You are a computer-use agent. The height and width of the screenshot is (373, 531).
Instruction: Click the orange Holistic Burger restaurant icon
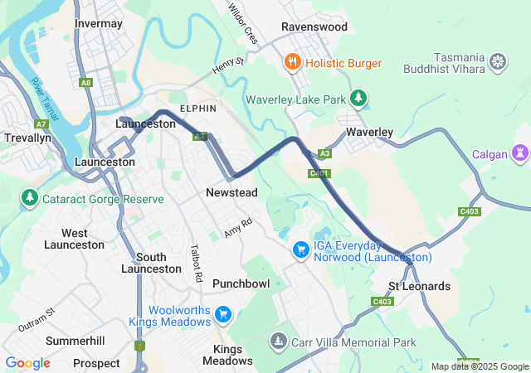pyautogui.click(x=292, y=63)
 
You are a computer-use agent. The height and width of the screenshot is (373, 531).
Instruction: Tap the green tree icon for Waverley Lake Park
pyautogui.click(x=358, y=99)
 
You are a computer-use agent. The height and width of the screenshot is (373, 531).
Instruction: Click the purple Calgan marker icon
pyautogui.click(x=520, y=153)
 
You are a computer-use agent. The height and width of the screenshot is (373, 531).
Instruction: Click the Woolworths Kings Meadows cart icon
pyautogui.click(x=222, y=314)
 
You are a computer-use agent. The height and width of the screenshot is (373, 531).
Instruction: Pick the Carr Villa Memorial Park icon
pyautogui.click(x=279, y=341)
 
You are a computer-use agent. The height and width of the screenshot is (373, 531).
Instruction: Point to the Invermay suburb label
pyautogui.click(x=99, y=24)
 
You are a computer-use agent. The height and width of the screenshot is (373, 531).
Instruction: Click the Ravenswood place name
pyautogui.click(x=314, y=27)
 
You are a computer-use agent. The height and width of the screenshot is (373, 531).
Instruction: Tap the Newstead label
pyautogui.click(x=231, y=193)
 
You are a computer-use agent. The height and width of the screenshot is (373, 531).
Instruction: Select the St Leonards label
pyautogui.click(x=420, y=287)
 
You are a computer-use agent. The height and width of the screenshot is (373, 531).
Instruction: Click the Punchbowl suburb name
pyautogui.click(x=241, y=283)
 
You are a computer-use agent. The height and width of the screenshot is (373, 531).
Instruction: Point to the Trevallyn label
pyautogui.click(x=28, y=137)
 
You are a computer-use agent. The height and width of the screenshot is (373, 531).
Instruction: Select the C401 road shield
pyautogui.click(x=318, y=173)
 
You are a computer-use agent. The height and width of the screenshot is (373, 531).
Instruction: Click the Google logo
pyautogui.click(x=27, y=363)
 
